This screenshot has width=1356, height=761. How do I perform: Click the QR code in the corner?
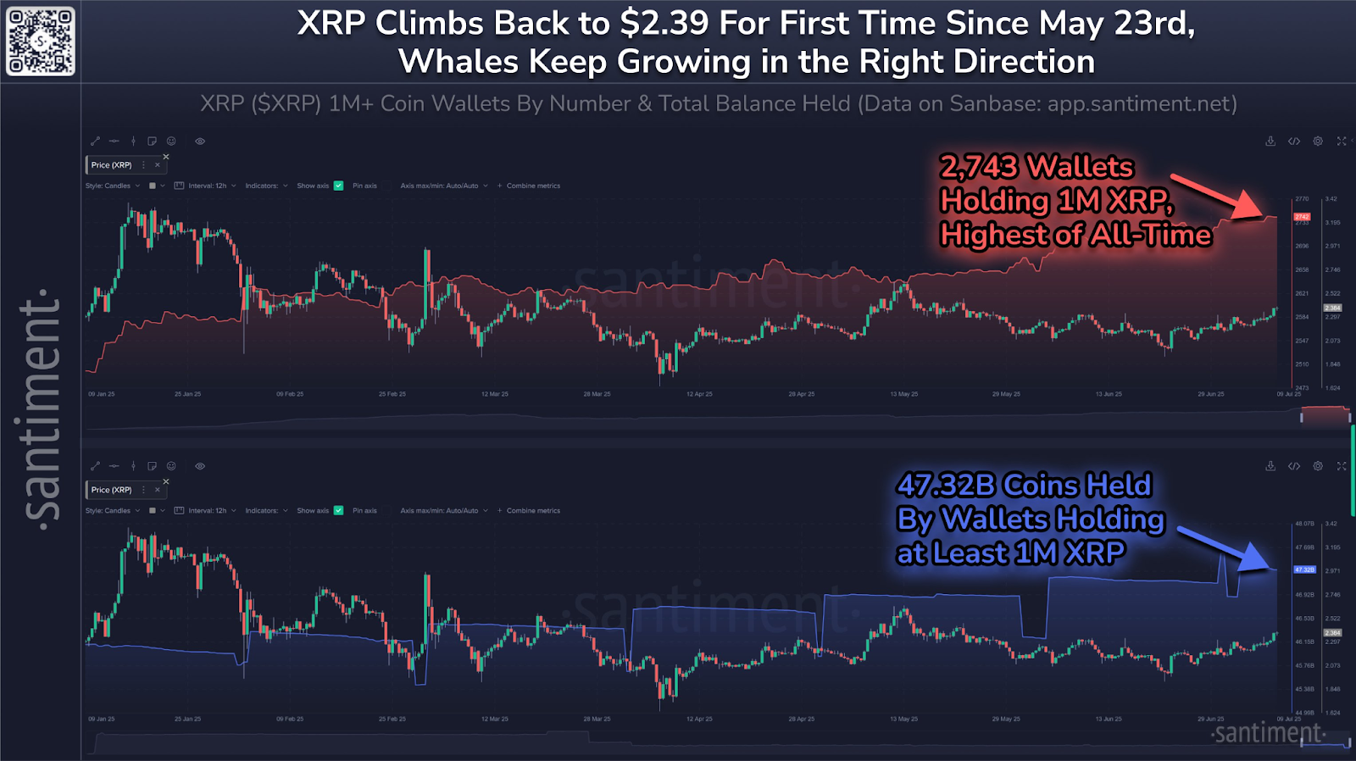point(41,41)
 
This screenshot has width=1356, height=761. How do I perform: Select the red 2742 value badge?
point(1302,217)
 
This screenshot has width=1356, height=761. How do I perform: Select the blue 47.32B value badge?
point(1304,569)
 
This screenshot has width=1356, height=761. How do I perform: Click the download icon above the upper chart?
point(1270,142)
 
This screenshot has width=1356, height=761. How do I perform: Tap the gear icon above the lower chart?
point(1318,466)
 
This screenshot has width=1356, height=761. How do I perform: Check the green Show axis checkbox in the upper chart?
point(339,186)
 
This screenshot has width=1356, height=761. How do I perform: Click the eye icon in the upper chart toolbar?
point(200,142)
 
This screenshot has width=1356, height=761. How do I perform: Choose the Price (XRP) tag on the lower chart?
point(112,490)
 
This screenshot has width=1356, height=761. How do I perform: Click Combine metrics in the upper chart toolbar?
point(533,186)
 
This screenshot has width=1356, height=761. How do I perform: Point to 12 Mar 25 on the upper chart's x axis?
point(495,394)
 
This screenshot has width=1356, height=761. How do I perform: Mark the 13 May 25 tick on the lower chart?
point(903,719)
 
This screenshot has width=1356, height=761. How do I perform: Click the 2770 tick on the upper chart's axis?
point(1302,199)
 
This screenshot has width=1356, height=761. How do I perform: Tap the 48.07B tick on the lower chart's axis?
point(1304,524)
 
